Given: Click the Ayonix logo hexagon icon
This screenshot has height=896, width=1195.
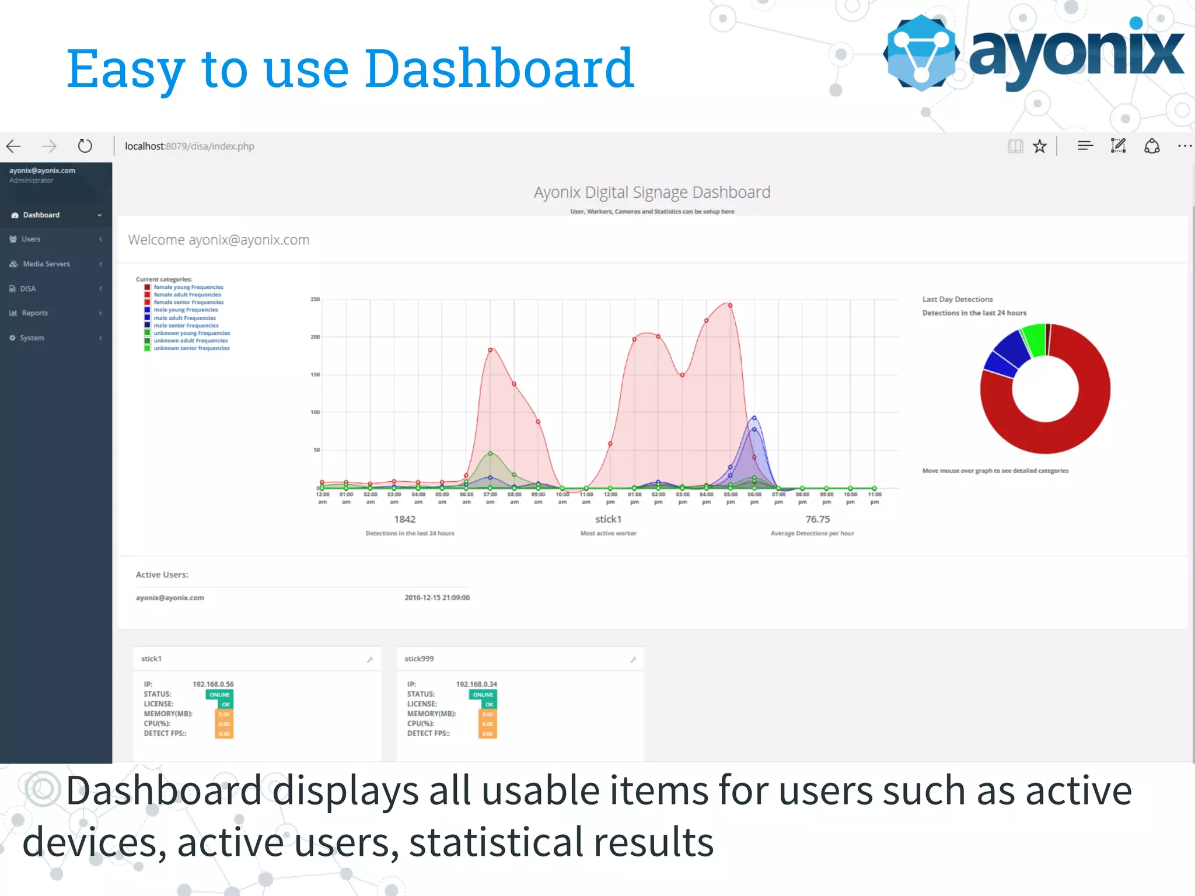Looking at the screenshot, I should point(921,53).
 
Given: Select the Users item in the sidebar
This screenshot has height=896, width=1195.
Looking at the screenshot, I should point(31,239).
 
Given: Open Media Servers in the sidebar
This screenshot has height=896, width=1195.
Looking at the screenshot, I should point(46,264).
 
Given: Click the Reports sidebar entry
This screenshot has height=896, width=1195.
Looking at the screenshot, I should point(34,313).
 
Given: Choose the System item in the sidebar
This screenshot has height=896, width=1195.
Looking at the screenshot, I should point(32,338).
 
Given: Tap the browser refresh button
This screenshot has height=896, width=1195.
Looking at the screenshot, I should point(85,146).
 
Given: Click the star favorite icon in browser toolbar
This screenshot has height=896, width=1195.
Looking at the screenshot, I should point(1040,146).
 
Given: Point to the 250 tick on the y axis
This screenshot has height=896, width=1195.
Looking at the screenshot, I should point(315,299).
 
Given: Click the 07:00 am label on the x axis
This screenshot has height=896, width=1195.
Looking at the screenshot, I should point(490,498).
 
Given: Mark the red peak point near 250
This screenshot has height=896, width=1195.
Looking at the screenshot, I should point(730,305).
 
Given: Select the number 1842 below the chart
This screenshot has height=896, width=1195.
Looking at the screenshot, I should point(404,519).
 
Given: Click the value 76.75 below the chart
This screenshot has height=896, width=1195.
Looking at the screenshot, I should point(817,519).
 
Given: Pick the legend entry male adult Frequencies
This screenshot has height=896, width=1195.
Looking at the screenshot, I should point(184,318).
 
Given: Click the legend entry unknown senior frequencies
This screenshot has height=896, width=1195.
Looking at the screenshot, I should point(191,348).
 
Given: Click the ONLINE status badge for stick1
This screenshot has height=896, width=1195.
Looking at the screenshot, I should point(219,695).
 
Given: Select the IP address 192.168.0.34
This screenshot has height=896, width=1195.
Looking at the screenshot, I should point(476,684).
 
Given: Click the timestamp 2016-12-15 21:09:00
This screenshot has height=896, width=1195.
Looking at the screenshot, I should point(437,597).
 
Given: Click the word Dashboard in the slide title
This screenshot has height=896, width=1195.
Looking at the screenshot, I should point(499,69).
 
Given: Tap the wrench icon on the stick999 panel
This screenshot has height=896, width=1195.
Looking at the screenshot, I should point(633,659).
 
